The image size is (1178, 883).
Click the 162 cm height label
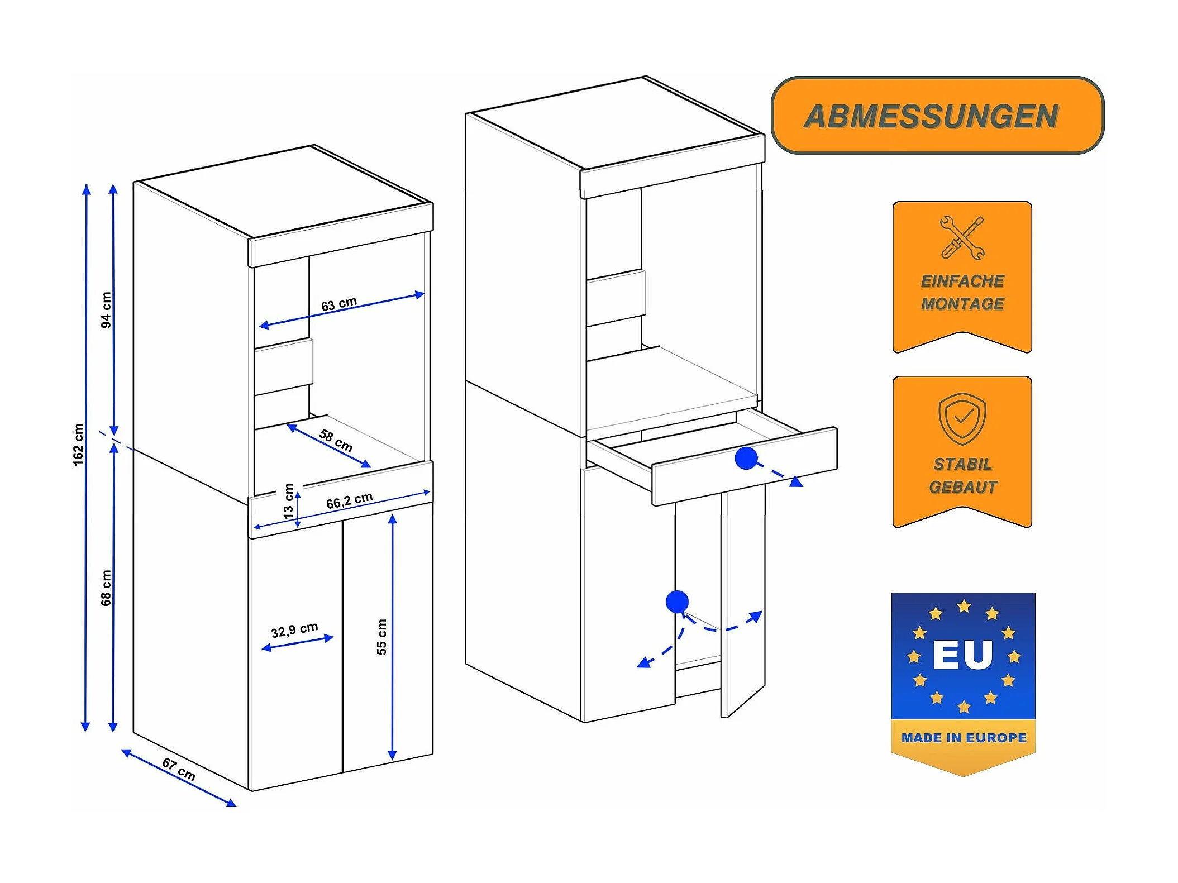click(78, 445)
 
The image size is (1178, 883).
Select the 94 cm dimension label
click(106, 310)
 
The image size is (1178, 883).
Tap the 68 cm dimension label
click(106, 588)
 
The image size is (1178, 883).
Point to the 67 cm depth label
click(179, 770)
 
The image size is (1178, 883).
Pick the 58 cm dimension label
click(336, 441)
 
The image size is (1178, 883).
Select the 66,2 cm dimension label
click(349, 500)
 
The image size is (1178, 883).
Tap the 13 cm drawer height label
click(288, 501)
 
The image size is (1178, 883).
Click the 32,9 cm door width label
click(294, 630)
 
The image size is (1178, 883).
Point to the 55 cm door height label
click(381, 637)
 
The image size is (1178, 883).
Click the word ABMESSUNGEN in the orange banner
click(931, 116)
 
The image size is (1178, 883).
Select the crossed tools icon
click(962, 238)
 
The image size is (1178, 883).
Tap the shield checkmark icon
click(962, 419)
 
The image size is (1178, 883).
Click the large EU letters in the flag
click(963, 655)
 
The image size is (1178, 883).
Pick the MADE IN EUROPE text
click(964, 738)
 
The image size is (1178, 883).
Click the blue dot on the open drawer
click(746, 458)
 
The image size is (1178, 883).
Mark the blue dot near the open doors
click(677, 602)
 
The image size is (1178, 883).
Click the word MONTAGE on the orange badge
click(962, 304)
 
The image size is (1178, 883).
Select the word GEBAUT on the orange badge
click(963, 487)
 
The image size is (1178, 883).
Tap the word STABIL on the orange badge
click(963, 464)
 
